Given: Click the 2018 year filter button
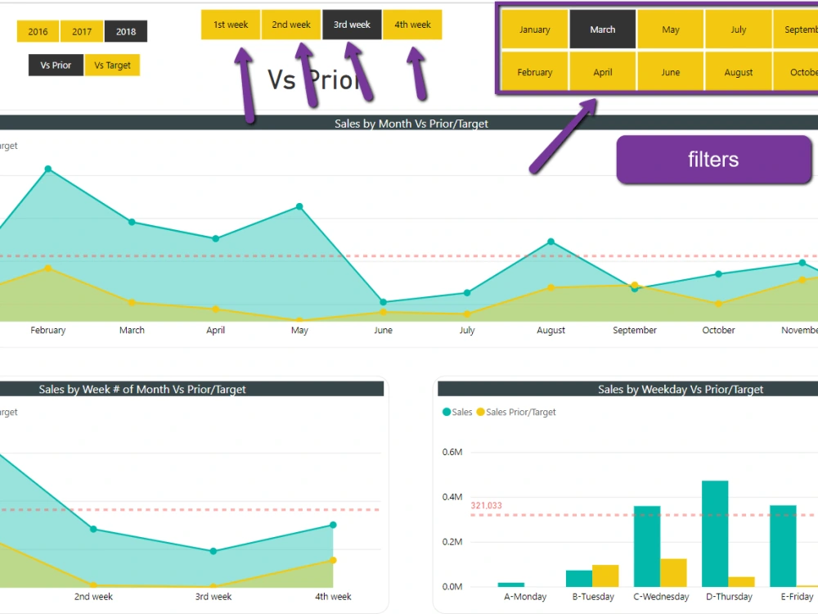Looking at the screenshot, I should (x=126, y=32).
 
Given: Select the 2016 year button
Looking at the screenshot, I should (x=38, y=32).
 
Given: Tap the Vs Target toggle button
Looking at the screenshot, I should (x=112, y=65).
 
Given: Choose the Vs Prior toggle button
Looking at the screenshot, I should (x=56, y=65).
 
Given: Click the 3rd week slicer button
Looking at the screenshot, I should (x=352, y=25).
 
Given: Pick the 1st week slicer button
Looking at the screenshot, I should (x=231, y=25).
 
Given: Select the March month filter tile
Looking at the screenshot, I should (x=603, y=29).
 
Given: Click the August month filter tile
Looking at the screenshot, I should (x=738, y=72).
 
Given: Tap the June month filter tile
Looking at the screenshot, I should (x=671, y=72).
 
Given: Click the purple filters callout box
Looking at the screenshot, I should (x=713, y=160).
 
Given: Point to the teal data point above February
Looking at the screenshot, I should (x=48, y=169).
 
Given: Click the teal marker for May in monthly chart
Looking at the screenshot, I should (x=299, y=206).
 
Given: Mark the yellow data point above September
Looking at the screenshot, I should (x=635, y=285).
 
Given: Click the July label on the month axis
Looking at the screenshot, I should (x=467, y=331).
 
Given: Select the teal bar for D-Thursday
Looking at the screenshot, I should (x=715, y=533).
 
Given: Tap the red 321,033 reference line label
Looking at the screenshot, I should (x=486, y=506).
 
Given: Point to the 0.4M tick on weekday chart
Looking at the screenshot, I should (x=452, y=497).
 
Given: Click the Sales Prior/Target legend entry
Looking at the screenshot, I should (x=520, y=413).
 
